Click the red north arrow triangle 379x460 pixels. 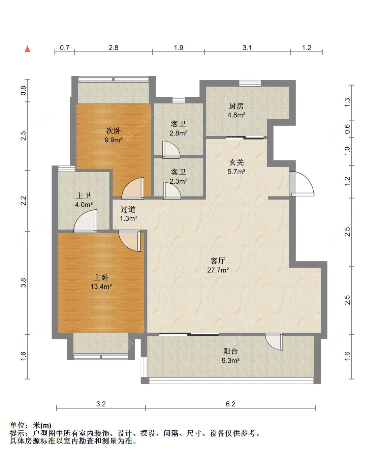coord(27,49)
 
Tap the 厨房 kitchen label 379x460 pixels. coord(236,106)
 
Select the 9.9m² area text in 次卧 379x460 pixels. coord(114,140)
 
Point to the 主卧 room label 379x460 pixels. coord(101,277)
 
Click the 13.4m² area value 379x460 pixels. coord(101,286)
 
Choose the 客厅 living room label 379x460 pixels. coord(218,261)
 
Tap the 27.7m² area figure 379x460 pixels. coord(218,270)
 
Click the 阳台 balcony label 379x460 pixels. coord(230,351)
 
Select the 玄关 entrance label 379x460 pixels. coord(236,162)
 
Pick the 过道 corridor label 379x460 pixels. coord(128,209)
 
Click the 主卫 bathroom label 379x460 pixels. coord(84,195)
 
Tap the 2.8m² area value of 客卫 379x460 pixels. coord(178,133)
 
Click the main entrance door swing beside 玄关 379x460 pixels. coord(302,184)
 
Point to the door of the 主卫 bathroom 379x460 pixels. coord(85,221)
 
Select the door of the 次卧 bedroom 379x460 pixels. coord(133,188)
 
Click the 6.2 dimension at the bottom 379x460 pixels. coord(230,404)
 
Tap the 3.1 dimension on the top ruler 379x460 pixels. coord(247,48)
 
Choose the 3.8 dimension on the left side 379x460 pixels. coord(23,283)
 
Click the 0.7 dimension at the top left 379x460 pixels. coord(65,48)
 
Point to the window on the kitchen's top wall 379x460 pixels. coord(250,83)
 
